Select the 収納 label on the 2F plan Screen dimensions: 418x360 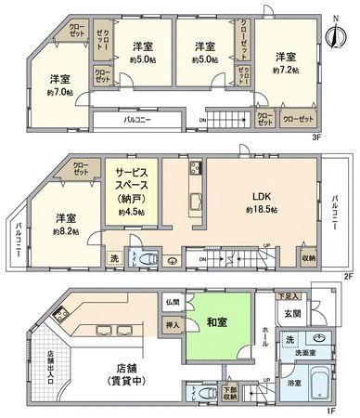click(x=309, y=257)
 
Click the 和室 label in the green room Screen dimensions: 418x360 click(x=218, y=322)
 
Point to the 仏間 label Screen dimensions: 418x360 click(x=173, y=303)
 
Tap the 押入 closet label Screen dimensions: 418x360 click(x=173, y=324)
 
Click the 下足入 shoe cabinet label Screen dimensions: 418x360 click(x=288, y=295)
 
